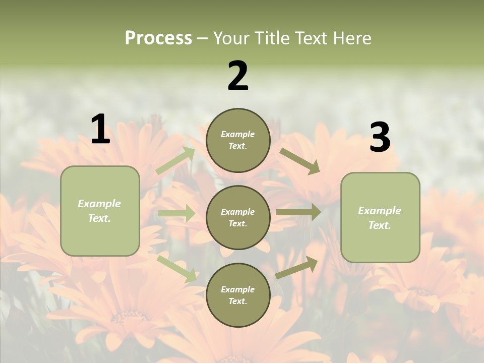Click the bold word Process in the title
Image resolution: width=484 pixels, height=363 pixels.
(158, 38)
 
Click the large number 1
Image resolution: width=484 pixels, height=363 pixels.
(100, 130)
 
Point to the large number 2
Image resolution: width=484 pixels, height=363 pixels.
(238, 76)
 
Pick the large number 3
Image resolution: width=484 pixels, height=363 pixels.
(380, 138)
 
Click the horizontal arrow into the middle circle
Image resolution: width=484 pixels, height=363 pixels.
(176, 213)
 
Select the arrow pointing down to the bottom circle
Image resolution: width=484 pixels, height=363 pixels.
(177, 269)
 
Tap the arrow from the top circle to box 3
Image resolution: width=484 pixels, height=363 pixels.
(300, 161)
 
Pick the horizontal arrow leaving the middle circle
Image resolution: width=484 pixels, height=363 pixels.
(298, 212)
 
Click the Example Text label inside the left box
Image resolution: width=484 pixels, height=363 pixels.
(99, 211)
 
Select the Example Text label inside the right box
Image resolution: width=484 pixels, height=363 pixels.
(380, 218)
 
